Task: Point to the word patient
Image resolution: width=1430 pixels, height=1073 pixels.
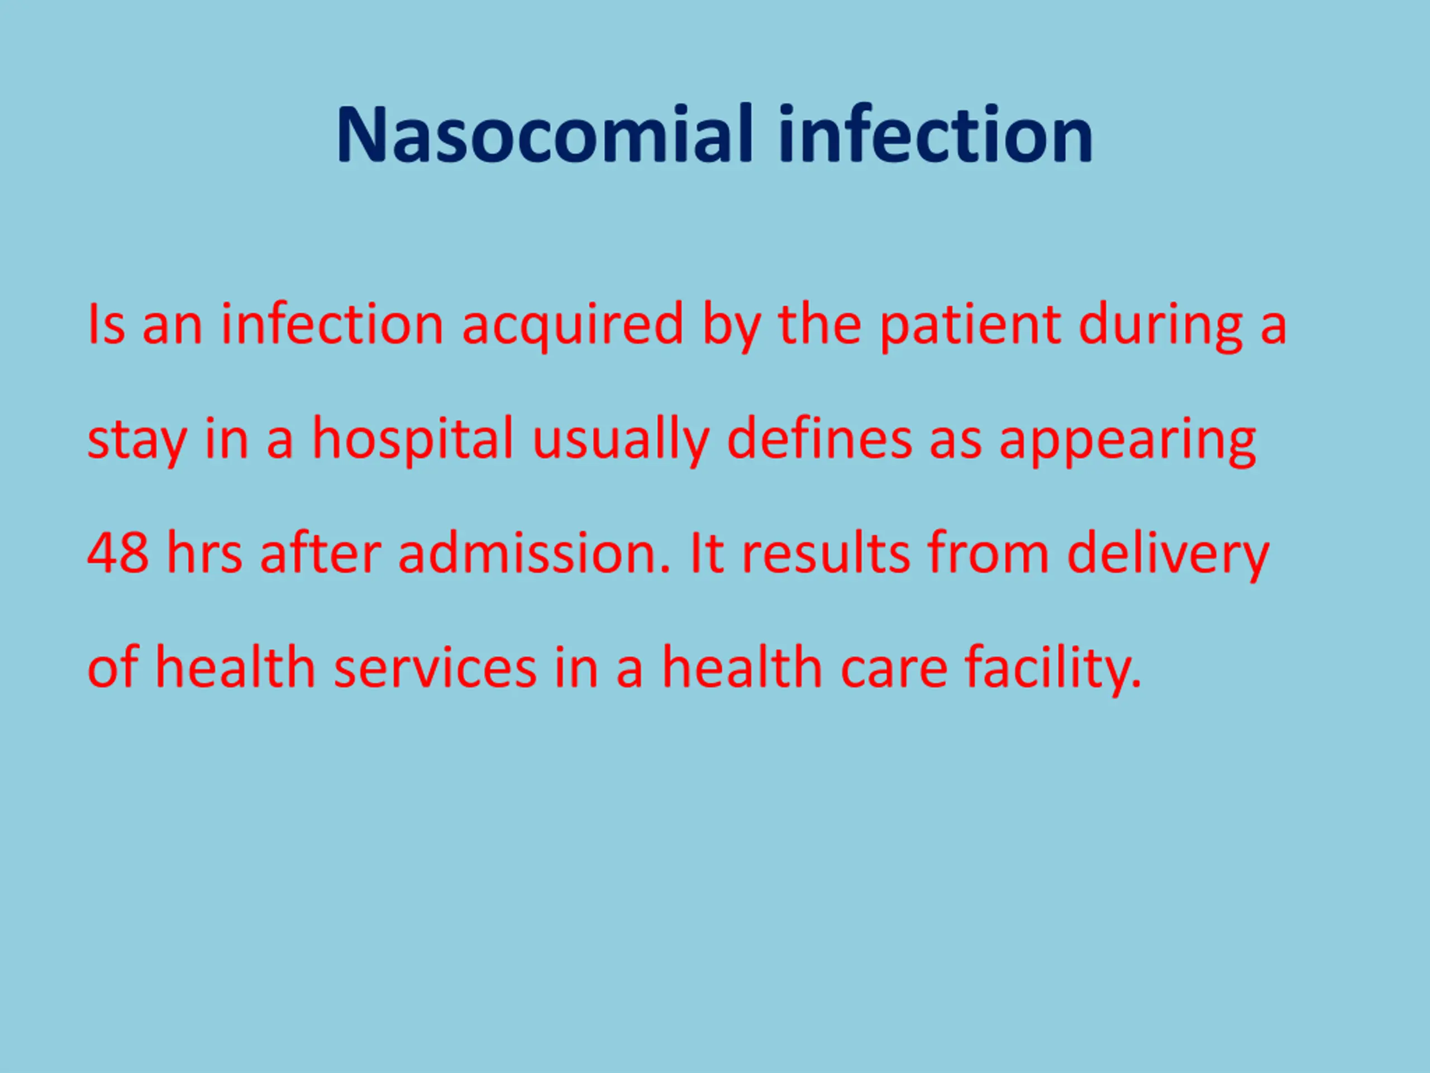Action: (x=970, y=325)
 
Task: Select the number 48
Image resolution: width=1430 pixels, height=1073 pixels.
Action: (x=118, y=553)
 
